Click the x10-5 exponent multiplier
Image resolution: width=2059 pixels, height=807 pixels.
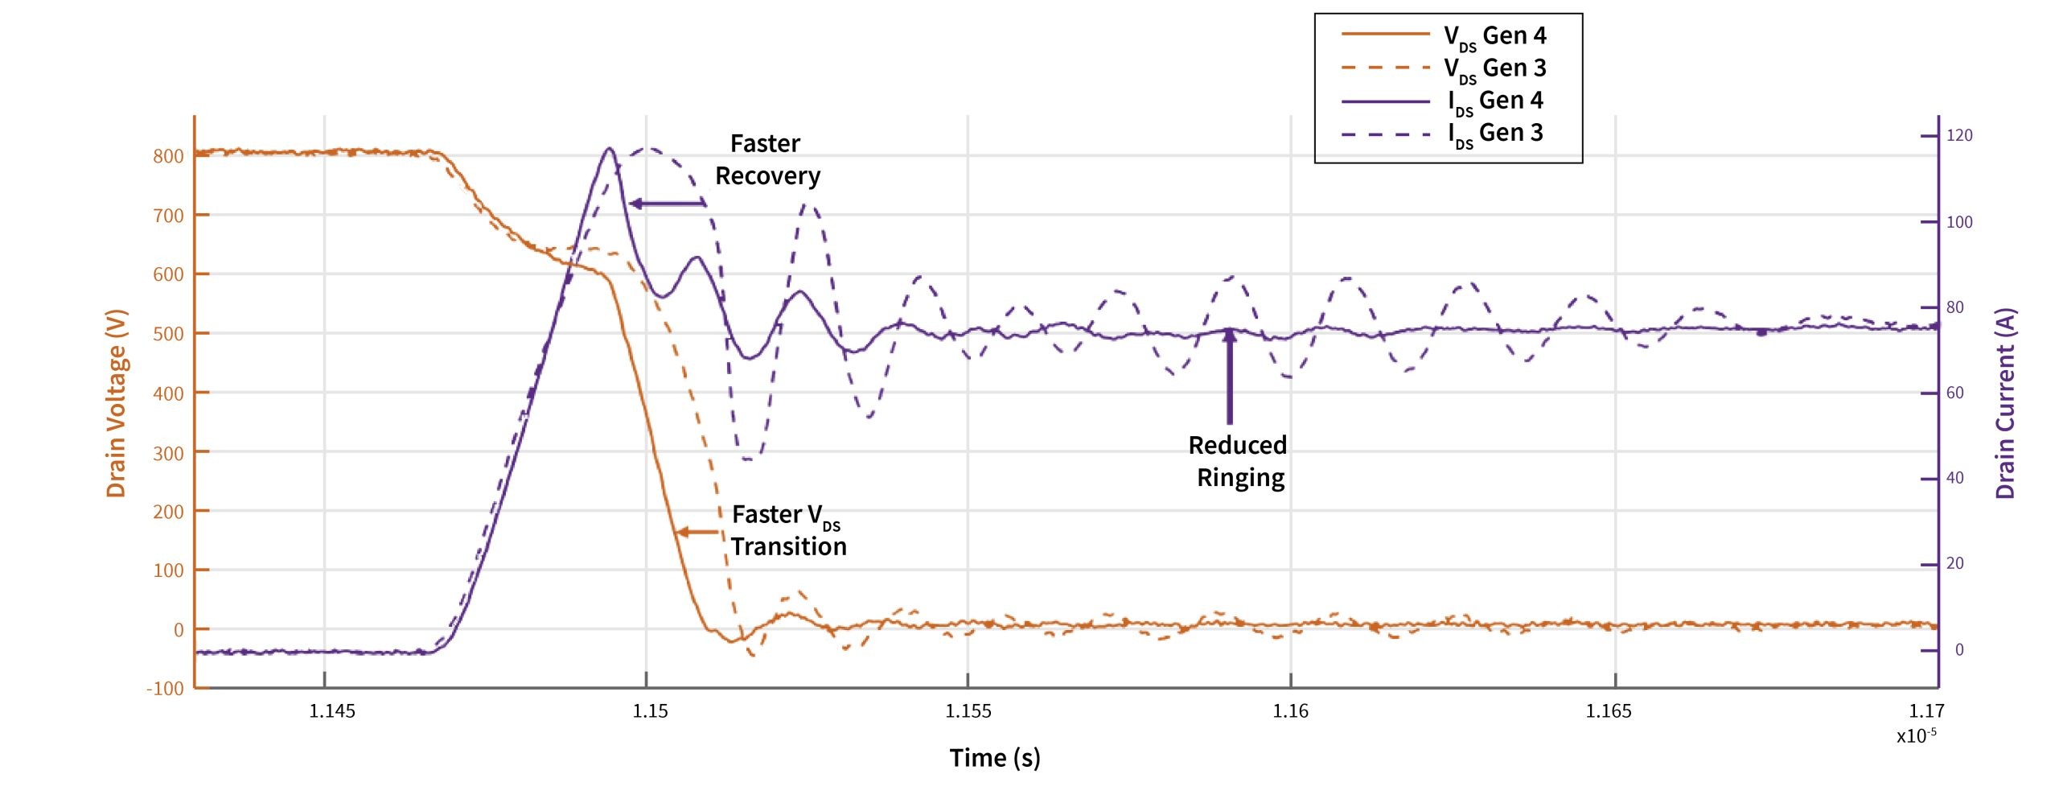pos(1916,735)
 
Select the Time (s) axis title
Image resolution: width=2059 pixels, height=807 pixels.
pos(995,758)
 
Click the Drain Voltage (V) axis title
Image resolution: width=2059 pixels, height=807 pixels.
pos(117,403)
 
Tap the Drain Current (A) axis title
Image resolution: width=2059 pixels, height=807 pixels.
pos(2005,403)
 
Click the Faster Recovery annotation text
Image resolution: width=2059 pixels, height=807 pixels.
pos(766,159)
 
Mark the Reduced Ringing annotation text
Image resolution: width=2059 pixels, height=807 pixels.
pos(1239,461)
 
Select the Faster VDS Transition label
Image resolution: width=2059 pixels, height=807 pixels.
pos(788,530)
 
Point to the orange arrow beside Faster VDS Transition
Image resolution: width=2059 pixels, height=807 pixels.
pos(697,532)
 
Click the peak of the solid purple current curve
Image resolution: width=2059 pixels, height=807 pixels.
pos(610,149)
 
